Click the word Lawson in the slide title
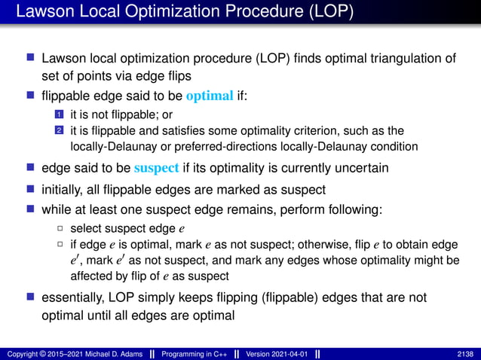tap(45, 13)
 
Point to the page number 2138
tap(467, 353)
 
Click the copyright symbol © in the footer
tap(42, 353)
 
